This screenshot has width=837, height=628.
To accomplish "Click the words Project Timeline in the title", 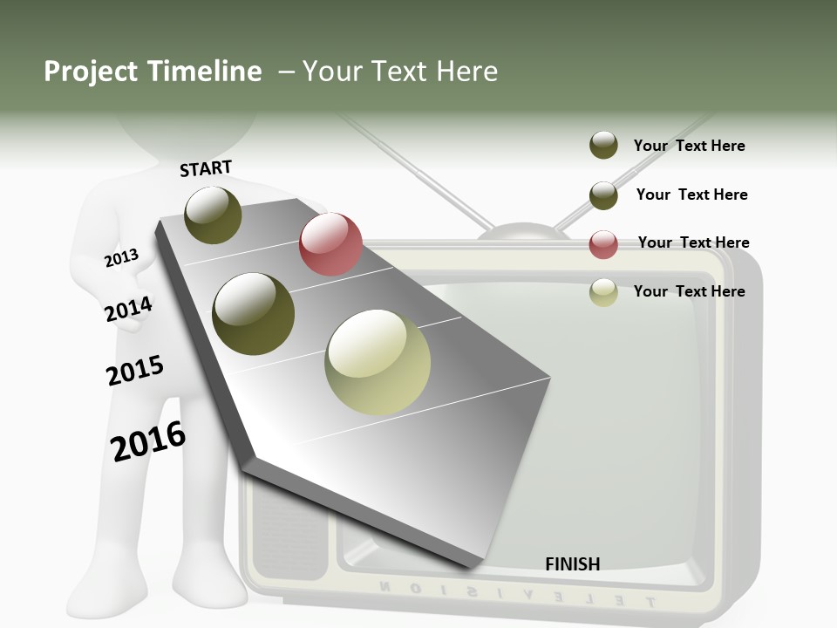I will coord(153,72).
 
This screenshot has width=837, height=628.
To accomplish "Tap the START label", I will coord(206,168).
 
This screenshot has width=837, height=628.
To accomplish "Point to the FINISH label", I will coord(572,564).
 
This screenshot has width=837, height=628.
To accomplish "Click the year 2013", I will coord(121,258).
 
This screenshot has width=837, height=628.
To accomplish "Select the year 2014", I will coord(128,309).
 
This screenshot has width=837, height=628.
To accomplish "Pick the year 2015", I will coord(134,371).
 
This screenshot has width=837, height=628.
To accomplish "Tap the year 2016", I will coord(148,441).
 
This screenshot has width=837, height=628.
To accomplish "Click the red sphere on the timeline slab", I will coord(330,244).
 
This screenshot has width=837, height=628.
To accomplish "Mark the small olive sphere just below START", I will coord(214,215).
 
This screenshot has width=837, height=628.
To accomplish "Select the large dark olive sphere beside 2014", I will coord(254,314).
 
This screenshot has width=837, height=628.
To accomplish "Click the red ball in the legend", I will coord(603,244).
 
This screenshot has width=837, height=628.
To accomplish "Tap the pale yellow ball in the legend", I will coord(603,292).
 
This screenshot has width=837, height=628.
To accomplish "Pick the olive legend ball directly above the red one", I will coord(603,195).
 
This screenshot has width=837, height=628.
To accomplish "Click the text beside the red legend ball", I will coord(693,242).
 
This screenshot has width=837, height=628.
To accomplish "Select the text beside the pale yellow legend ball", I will coord(689,291).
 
